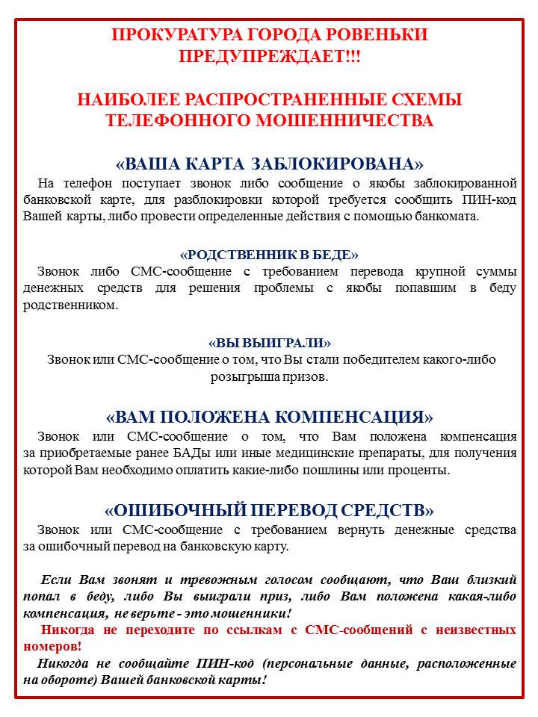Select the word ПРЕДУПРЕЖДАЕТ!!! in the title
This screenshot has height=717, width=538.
270,57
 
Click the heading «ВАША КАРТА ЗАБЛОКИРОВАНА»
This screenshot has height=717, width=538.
270,164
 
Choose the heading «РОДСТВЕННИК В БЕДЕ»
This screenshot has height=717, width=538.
270,254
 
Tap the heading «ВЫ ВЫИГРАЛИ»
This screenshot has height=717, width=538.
270,343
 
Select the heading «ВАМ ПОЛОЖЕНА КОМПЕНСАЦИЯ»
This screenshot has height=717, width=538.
270,416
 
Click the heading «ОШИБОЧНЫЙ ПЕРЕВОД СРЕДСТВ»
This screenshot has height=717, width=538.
270,510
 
